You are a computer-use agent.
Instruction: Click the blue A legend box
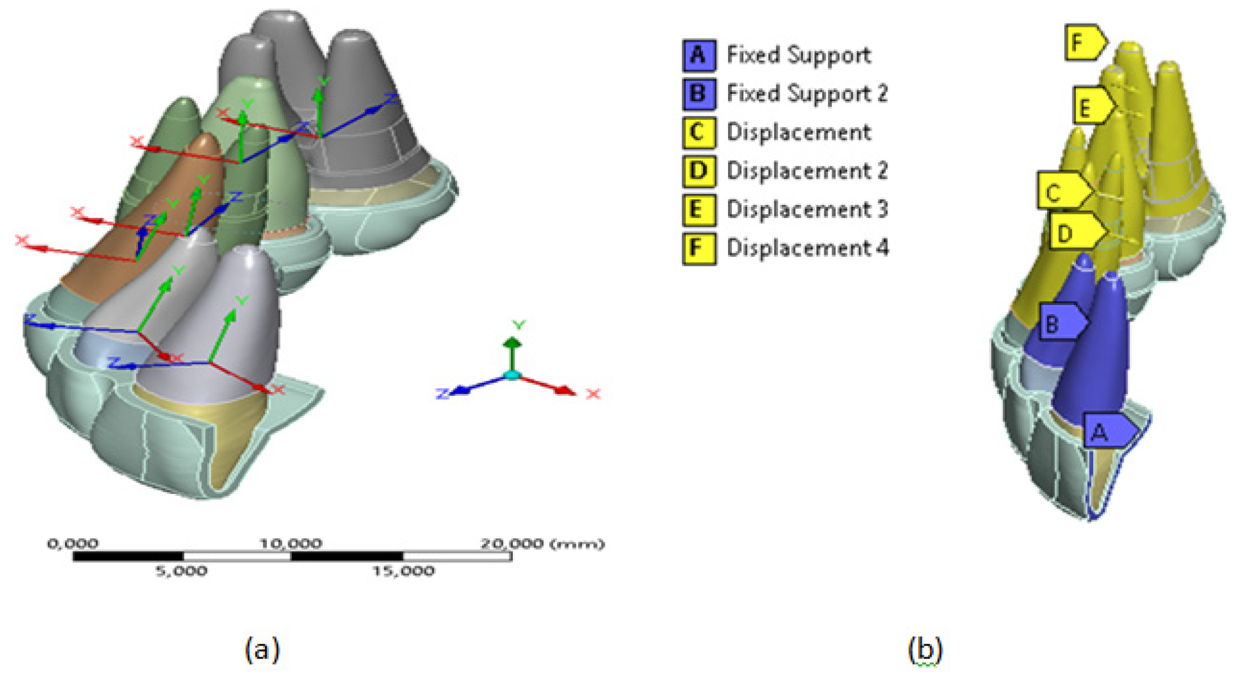tap(699, 56)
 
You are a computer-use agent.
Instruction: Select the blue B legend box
tap(699, 95)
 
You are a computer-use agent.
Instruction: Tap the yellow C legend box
tap(699, 133)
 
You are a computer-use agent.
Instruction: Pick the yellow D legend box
tap(699, 171)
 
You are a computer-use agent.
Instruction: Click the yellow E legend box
tap(699, 210)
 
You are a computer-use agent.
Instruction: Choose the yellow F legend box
tap(699, 249)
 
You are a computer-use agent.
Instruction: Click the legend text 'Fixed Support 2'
tap(807, 94)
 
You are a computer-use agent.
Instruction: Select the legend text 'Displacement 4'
tap(807, 249)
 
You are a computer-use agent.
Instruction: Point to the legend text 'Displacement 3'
tap(807, 210)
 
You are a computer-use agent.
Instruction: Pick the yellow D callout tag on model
tap(1075, 231)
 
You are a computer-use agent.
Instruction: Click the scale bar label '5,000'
tap(181, 571)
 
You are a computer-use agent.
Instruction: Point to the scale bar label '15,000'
tap(403, 571)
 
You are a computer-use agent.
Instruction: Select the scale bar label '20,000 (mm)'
tap(542, 544)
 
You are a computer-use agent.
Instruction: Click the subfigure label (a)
tap(262, 649)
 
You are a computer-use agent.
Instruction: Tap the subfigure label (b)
tap(924, 649)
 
